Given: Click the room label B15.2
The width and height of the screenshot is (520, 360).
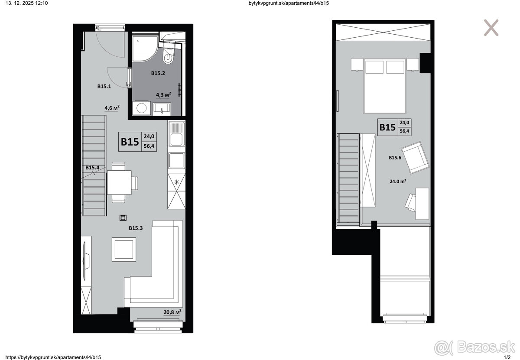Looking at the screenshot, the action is [158, 73].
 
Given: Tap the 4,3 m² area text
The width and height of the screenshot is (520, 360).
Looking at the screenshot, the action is [163, 94].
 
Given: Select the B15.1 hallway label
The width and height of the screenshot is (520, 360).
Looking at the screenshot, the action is [104, 86].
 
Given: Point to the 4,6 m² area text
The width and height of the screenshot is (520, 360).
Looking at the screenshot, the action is [112, 108].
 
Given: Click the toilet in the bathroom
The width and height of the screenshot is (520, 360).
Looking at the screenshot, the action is [168, 55].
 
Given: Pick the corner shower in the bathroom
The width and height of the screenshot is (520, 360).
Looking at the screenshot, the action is [145, 48].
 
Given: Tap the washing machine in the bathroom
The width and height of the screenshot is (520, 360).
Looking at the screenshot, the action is [141, 108].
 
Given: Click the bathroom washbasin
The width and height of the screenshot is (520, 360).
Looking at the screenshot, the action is [162, 109].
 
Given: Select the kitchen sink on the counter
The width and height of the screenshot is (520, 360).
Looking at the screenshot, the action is [177, 134].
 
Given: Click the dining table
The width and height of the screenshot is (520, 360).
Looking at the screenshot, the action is [119, 182].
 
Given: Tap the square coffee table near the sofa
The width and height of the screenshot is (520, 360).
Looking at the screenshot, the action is [124, 249].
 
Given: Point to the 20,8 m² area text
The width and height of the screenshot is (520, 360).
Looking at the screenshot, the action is [172, 312].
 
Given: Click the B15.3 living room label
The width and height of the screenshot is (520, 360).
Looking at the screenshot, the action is [136, 228].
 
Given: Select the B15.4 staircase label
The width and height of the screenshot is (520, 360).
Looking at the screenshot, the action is [92, 167].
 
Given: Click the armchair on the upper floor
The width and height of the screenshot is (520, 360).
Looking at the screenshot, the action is [415, 158].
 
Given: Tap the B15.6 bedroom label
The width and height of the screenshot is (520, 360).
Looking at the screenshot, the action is [395, 158].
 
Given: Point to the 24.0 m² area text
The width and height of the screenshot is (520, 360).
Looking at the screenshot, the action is [398, 181].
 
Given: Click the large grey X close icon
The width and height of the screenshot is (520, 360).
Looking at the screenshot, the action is [491, 28].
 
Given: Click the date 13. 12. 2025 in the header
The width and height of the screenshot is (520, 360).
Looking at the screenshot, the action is [20, 3].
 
